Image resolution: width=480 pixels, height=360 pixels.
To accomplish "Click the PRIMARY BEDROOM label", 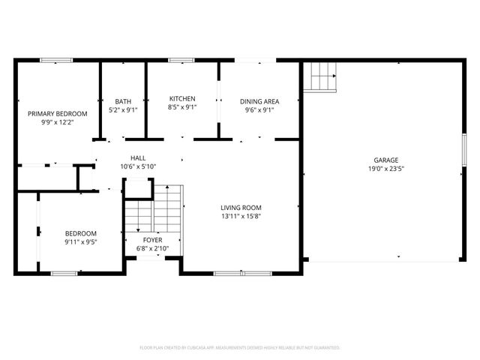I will point(58,113).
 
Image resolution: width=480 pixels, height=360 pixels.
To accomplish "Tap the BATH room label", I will point(122,101).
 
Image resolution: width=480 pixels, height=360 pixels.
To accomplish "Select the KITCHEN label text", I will point(182,98).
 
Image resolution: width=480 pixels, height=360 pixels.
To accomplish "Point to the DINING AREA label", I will point(259,101).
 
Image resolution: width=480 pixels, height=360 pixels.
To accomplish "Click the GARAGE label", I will point(386,160).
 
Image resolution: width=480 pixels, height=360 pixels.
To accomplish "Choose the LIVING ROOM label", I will point(241,208).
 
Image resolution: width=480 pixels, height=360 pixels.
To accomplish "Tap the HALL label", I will point(138,157).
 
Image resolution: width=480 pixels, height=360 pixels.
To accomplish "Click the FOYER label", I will point(153,240).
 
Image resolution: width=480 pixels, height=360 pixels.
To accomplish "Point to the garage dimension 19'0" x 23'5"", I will point(386,169).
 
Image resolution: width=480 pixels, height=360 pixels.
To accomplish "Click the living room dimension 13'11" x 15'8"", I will point(241,216).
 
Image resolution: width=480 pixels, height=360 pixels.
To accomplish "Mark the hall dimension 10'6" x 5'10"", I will point(138,166).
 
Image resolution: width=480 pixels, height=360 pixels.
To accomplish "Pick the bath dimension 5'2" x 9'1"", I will point(122,109).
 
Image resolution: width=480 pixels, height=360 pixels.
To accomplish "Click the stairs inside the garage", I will point(320,76).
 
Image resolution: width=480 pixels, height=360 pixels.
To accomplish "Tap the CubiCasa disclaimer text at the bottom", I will point(240,347).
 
